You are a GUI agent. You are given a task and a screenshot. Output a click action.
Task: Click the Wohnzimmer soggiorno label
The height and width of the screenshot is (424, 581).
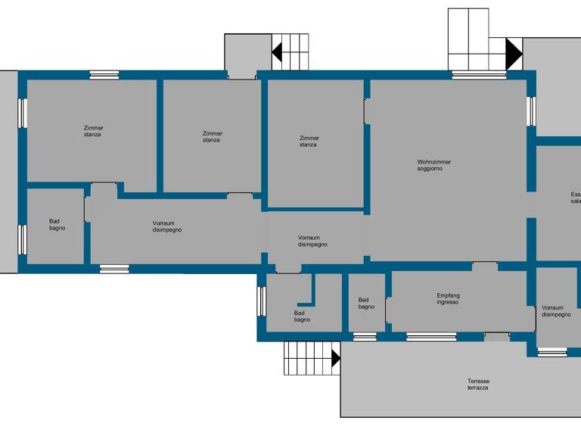433,165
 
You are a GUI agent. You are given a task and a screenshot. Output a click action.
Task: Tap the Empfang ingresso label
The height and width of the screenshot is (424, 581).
448,298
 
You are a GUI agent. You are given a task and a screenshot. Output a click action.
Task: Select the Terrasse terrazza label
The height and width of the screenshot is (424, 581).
477,384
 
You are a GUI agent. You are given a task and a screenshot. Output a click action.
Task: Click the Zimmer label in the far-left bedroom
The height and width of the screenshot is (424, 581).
93,131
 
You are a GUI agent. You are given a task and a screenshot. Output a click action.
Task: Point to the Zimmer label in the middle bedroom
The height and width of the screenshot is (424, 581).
212,136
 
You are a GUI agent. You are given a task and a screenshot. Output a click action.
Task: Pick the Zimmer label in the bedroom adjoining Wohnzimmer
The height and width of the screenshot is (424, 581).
309,141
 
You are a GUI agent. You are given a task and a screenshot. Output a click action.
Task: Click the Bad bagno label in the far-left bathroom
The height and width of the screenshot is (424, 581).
57,224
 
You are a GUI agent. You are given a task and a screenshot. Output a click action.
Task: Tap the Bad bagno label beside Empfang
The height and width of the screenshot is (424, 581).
366,303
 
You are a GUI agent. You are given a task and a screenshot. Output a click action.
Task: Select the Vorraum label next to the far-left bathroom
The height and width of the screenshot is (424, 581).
166,226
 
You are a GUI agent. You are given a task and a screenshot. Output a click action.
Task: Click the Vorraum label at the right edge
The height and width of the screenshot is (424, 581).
555,311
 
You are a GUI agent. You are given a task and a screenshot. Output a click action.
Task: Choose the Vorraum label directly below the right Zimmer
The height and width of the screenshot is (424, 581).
312,241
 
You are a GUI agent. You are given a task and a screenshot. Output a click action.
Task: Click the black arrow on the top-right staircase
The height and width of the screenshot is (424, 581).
514,53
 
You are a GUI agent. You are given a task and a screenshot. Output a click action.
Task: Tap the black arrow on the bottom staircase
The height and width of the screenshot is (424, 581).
336,357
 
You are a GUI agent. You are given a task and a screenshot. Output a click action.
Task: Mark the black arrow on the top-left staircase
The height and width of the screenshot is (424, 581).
277,52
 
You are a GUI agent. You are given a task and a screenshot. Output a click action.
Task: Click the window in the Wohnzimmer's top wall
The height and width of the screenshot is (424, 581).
479,75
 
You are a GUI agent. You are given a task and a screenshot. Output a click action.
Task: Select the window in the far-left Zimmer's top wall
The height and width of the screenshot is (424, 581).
104,75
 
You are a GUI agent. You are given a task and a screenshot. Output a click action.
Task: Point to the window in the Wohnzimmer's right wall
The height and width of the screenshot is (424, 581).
531,111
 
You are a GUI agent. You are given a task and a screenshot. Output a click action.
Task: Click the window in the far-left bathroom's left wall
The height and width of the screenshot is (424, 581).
23,239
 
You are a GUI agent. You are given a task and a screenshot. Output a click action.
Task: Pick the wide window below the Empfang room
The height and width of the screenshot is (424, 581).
431,336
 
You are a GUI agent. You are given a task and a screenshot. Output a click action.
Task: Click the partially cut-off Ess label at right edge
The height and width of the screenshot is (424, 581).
575,198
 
